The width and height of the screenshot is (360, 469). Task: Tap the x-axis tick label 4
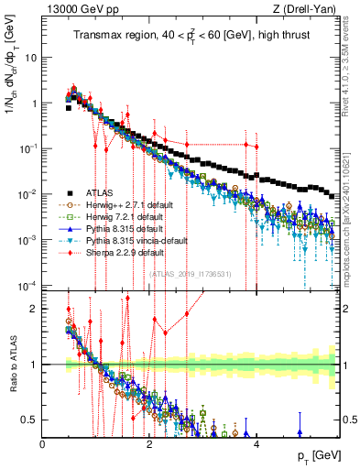click(256, 444)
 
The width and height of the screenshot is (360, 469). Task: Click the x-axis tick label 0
click(43, 444)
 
